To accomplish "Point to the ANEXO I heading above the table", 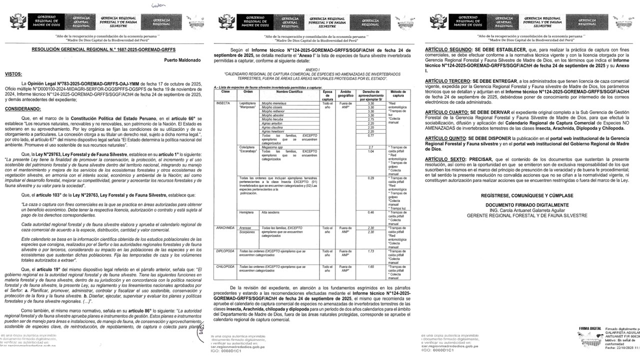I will pyautogui.click(x=312, y=70).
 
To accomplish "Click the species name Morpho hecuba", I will pyautogui.click(x=272, y=120).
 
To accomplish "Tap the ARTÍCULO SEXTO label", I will pyautogui.click(x=444, y=158).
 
